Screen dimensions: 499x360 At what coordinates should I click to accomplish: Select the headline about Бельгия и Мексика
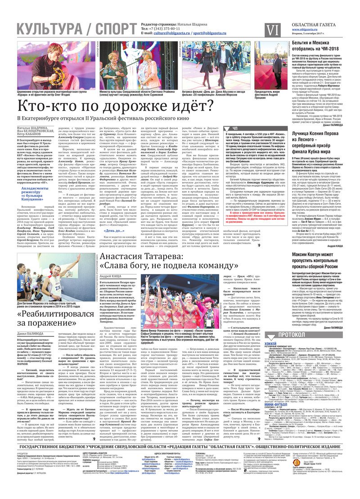(315, 45)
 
